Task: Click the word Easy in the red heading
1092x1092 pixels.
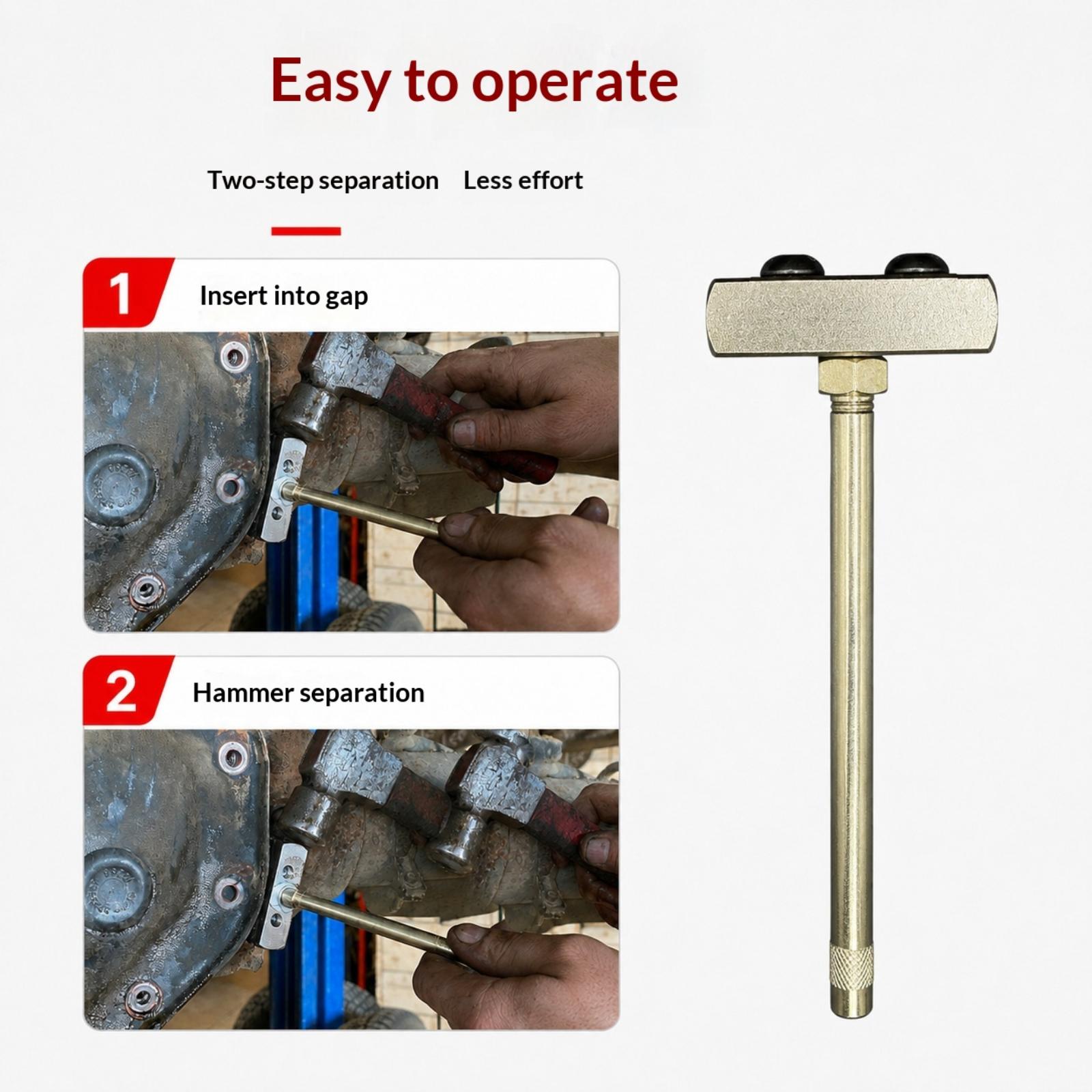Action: point(331,81)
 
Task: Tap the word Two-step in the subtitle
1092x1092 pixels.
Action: point(260,181)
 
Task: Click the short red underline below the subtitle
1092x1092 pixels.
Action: point(306,231)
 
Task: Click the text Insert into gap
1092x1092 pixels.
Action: point(284,296)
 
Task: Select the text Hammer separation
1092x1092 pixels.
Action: point(308,693)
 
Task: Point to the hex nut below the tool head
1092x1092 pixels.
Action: point(852,375)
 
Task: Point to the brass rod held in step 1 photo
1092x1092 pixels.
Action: point(369,509)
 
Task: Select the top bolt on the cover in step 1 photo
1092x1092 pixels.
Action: point(234,356)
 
